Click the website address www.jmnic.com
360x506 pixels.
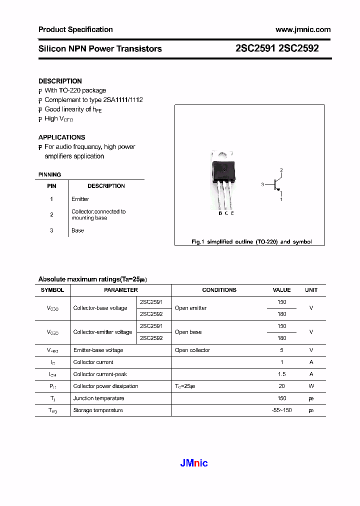(x=303, y=29)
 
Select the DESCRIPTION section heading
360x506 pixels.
(x=60, y=81)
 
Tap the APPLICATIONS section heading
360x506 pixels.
(x=61, y=137)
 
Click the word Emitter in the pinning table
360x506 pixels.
(x=80, y=199)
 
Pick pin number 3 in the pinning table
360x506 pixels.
(x=51, y=230)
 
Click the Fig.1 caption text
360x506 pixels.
(x=251, y=241)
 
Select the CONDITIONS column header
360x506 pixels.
(x=219, y=290)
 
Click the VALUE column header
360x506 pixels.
(x=281, y=290)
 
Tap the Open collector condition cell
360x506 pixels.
(x=192, y=350)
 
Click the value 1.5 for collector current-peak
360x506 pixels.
(x=281, y=374)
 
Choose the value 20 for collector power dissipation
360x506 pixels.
(x=281, y=386)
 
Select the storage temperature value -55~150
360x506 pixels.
(x=281, y=410)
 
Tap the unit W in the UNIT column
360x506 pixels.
(x=311, y=386)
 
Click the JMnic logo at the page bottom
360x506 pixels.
(x=194, y=463)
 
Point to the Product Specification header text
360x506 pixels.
(x=75, y=29)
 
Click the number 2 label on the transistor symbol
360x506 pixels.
(x=281, y=170)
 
